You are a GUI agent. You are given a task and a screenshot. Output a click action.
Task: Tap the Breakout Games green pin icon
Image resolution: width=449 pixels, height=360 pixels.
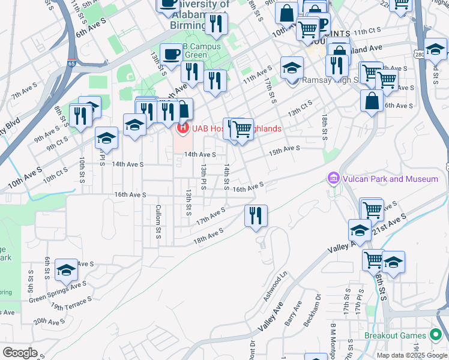(436, 335)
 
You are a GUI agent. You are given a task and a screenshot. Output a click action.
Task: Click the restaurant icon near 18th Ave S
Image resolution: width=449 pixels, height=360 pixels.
(256, 215)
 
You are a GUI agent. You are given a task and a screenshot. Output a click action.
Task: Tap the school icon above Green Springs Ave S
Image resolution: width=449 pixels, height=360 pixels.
(66, 270)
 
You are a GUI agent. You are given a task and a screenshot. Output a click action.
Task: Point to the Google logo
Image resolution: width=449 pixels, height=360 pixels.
(20, 352)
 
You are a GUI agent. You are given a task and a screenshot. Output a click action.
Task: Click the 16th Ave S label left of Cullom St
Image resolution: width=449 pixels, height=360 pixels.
(130, 194)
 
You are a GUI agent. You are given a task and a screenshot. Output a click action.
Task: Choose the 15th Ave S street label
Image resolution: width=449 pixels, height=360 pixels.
(284, 149)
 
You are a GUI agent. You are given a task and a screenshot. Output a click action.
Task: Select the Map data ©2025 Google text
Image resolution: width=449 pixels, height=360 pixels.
(412, 355)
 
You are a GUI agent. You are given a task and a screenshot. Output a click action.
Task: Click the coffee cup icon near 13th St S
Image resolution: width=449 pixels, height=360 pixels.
(171, 53)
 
